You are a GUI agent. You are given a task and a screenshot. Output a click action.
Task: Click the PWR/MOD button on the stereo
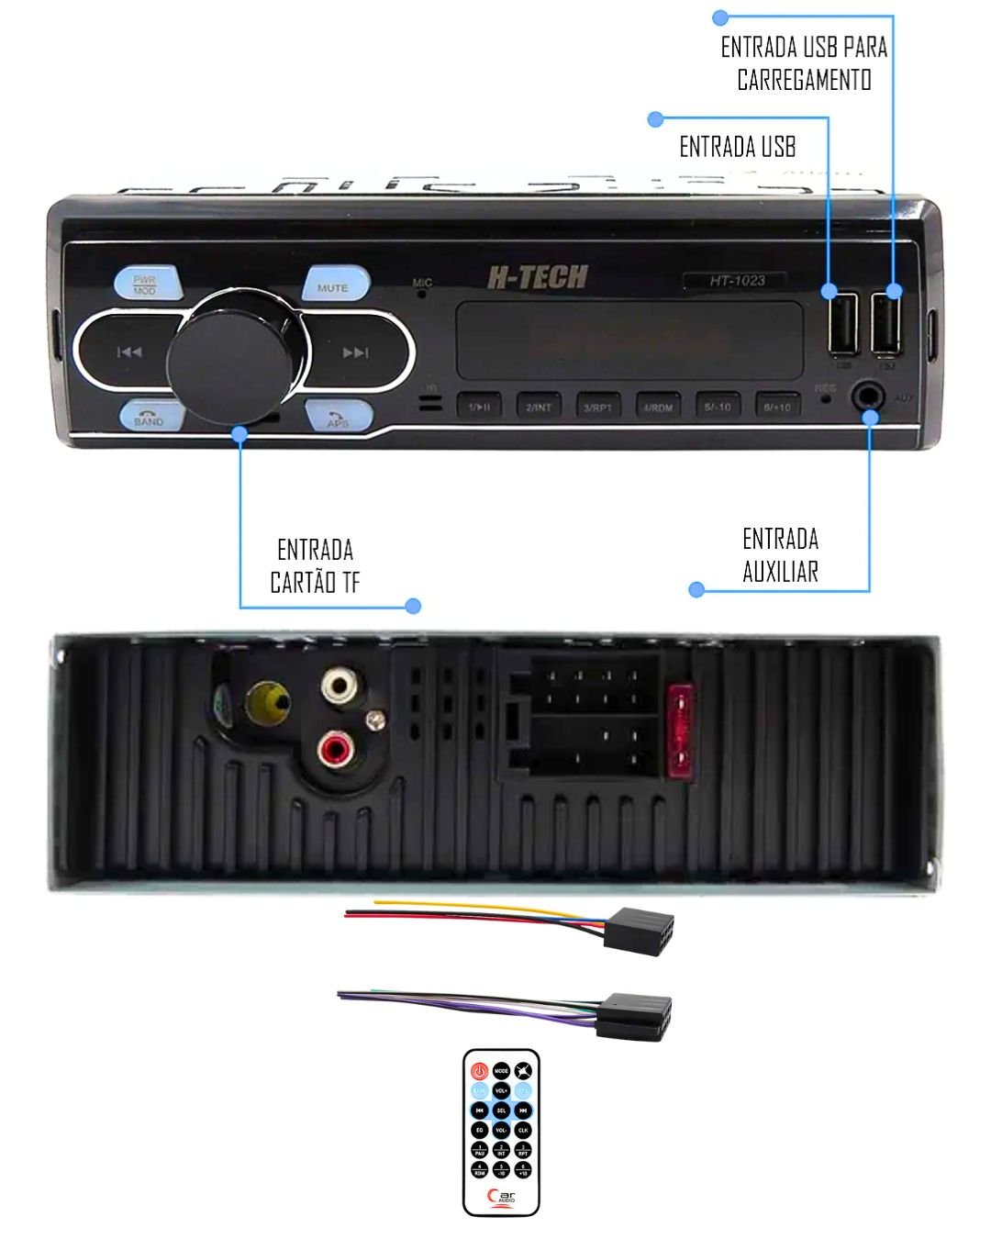146,284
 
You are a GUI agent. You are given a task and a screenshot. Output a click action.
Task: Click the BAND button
149,417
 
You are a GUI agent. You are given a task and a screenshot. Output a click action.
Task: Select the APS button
338,417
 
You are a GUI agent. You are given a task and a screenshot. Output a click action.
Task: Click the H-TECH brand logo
537,276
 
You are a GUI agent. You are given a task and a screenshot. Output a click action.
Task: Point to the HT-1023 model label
736,281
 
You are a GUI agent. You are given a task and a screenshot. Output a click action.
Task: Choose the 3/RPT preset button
598,407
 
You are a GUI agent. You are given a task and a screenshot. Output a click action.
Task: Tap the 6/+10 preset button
777,407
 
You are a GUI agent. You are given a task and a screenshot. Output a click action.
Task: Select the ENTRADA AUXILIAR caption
780,555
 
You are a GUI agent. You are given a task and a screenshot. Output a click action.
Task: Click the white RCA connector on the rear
339,685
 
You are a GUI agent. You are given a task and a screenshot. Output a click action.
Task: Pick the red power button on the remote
479,1071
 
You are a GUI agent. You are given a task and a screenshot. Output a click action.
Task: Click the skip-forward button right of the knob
355,352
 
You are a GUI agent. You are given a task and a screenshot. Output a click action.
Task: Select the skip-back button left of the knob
129,352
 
